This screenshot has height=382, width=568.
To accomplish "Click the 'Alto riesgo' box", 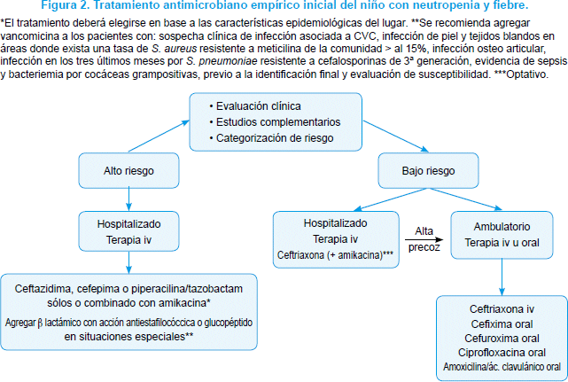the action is [128, 170].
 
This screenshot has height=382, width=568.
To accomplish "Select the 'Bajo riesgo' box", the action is [428, 170].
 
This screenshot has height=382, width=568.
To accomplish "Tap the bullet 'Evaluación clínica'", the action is [255, 106].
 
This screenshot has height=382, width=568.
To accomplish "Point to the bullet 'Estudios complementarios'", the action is [275, 122].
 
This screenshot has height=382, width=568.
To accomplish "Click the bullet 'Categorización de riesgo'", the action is [271, 138].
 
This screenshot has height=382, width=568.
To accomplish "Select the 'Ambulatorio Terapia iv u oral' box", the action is [502, 235].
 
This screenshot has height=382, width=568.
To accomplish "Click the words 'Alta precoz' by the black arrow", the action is [424, 239].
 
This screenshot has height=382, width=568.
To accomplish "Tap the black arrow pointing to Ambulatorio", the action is [424, 239].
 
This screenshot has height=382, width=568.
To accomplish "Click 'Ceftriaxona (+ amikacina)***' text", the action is [335, 255].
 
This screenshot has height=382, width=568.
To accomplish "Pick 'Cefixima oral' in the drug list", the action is [502, 324].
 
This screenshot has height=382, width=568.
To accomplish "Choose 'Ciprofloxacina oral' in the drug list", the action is [502, 352].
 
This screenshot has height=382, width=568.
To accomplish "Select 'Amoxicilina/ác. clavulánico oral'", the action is [502, 366].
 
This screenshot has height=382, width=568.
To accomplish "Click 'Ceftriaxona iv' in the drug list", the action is [502, 309].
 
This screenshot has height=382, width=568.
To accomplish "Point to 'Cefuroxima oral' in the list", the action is [502, 339].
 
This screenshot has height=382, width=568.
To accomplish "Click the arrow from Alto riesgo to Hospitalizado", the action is [128, 199].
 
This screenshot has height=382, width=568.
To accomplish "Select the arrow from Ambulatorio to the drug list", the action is [502, 277].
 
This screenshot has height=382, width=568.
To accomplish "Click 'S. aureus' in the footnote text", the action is [174, 49].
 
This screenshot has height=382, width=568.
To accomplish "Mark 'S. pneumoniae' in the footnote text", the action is [222, 61].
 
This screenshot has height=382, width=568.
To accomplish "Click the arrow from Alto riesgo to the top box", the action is [159, 136].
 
